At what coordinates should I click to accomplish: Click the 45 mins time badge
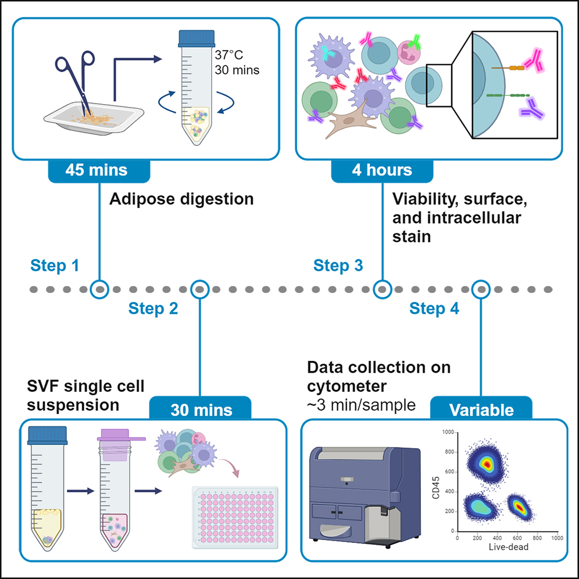coord(98,171)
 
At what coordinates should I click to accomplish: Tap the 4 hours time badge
coord(382,171)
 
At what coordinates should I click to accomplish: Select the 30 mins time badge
coord(201,410)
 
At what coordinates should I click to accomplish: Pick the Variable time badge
coord(481,410)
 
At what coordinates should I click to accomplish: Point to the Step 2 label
coord(153,308)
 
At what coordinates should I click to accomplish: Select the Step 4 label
coord(434,308)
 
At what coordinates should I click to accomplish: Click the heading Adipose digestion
coord(181,199)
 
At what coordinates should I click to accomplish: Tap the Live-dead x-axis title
coord(507,547)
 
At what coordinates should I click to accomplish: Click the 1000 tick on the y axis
coord(448,433)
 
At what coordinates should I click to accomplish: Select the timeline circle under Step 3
coord(382,288)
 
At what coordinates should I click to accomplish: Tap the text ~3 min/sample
coord(361,405)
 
